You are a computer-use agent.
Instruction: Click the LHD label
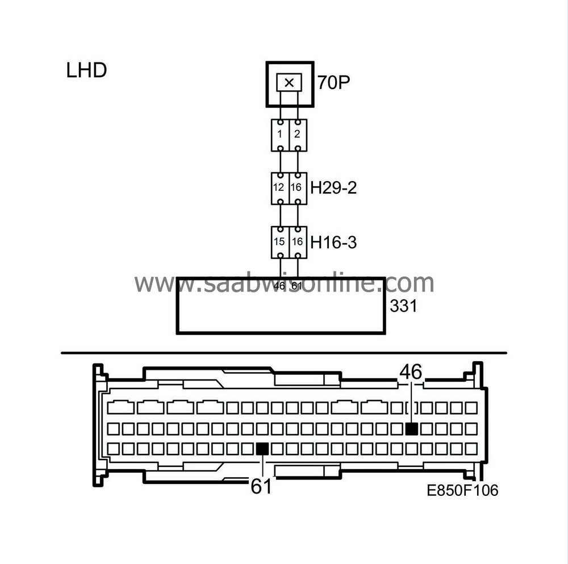tap(87, 71)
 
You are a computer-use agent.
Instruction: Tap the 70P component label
tap(334, 83)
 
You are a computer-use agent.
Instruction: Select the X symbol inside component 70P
tap(289, 83)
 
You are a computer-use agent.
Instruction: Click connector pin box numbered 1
tap(281, 135)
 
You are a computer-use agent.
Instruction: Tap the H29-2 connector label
tap(333, 188)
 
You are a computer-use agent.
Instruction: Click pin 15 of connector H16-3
tap(281, 242)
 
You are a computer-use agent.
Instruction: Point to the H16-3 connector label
tap(333, 243)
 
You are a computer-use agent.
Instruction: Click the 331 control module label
tap(403, 306)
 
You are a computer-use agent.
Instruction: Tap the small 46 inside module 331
tap(279, 286)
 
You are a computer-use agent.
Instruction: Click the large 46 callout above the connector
tap(411, 372)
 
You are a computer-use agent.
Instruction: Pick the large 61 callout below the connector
tap(261, 486)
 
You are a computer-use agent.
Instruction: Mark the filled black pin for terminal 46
tap(412, 429)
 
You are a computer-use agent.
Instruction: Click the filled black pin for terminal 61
tap(262, 449)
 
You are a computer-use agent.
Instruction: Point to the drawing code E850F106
tap(462, 490)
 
